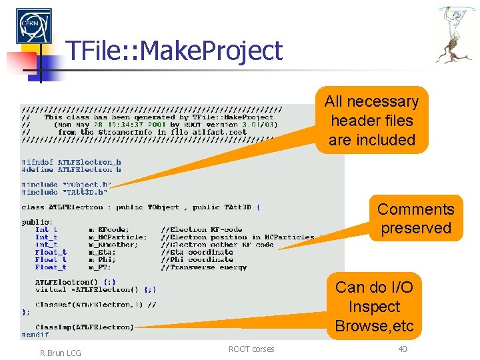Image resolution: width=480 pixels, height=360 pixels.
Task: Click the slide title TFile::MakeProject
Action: pyautogui.click(x=174, y=51)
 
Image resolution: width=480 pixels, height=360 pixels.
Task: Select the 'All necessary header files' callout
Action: pyautogui.click(x=371, y=121)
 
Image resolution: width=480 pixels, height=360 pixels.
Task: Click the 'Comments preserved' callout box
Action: pyautogui.click(x=415, y=218)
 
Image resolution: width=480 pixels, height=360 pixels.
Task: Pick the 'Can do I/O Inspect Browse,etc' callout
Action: pyautogui.click(x=374, y=307)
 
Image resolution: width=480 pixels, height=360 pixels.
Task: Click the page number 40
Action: pyautogui.click(x=402, y=349)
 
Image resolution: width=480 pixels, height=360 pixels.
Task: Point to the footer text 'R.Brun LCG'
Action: pyautogui.click(x=60, y=353)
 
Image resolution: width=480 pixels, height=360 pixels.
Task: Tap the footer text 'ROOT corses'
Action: pyautogui.click(x=251, y=349)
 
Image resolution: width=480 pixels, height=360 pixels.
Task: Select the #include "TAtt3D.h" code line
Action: pyautogui.click(x=64, y=192)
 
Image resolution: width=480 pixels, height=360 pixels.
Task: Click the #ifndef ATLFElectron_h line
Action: pyautogui.click(x=71, y=162)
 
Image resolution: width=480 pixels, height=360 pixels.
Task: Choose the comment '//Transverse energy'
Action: pyautogui.click(x=203, y=267)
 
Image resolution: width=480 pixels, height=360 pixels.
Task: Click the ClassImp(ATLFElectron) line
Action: pyautogui.click(x=84, y=327)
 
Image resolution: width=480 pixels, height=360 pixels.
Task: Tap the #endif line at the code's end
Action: pyautogui.click(x=34, y=335)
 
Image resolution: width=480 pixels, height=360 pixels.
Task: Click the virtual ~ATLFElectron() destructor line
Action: pyautogui.click(x=96, y=289)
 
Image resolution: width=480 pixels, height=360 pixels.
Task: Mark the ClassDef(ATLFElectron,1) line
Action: pyautogui.click(x=95, y=304)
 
